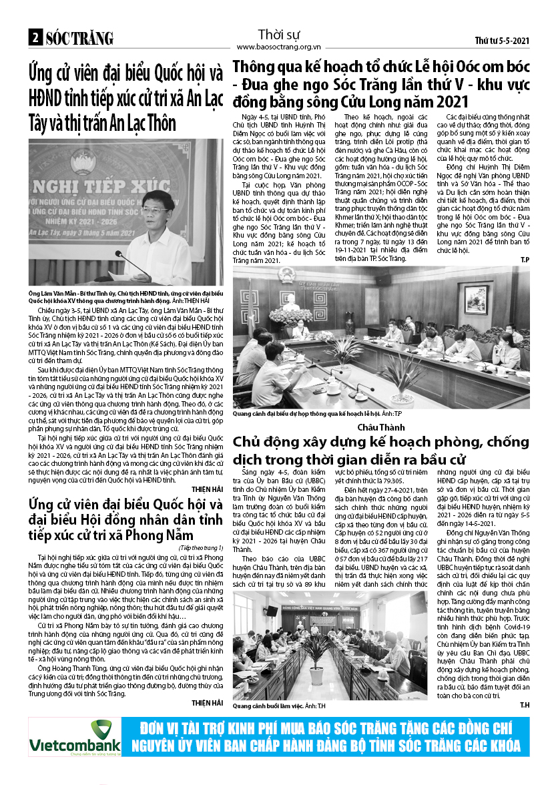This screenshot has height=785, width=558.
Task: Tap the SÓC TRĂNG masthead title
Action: (79, 38)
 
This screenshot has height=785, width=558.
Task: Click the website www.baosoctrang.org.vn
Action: (279, 47)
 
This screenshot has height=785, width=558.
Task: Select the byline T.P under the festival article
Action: (524, 258)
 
